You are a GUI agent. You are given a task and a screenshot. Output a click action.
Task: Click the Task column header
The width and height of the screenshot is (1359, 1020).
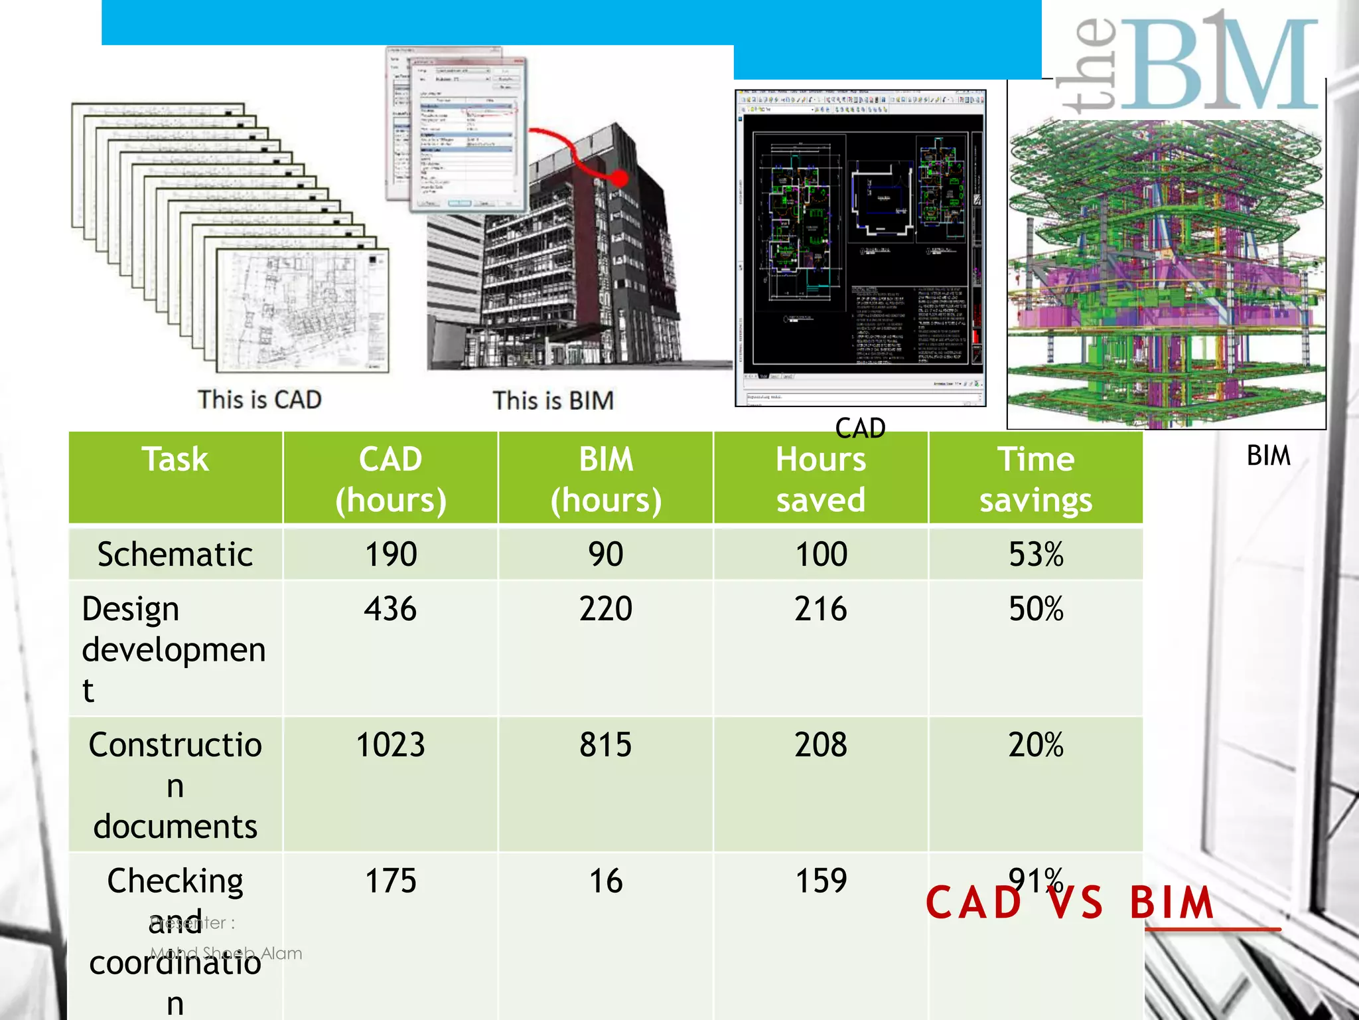pyautogui.click(x=175, y=460)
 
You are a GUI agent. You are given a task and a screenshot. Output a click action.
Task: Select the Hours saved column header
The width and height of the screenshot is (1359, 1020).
pyautogui.click(x=821, y=479)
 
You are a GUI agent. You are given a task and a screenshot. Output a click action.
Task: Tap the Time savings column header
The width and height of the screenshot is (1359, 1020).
pyautogui.click(x=1036, y=479)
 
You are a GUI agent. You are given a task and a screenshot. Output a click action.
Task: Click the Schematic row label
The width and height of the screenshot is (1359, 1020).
pyautogui.click(x=175, y=554)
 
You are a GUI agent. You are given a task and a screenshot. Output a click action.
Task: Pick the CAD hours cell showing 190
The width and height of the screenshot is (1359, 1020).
pyautogui.click(x=391, y=554)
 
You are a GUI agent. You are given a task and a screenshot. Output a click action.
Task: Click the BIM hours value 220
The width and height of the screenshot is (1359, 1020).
pyautogui.click(x=606, y=609)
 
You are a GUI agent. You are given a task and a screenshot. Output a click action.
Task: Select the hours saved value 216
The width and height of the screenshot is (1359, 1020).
pyautogui.click(x=821, y=609)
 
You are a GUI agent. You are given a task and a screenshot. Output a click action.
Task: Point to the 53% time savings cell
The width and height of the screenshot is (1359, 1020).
pyautogui.click(x=1036, y=554)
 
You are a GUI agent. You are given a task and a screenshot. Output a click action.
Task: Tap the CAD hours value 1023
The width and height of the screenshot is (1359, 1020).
pyautogui.click(x=391, y=744)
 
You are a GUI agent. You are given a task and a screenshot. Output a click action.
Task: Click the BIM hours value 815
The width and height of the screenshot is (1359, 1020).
pyautogui.click(x=606, y=744)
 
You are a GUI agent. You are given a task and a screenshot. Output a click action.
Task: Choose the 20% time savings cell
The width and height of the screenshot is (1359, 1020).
pyautogui.click(x=1036, y=744)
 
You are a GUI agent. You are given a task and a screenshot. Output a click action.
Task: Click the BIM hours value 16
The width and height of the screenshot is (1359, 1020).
pyautogui.click(x=606, y=881)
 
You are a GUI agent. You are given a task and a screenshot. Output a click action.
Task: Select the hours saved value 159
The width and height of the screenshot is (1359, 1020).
pyautogui.click(x=821, y=881)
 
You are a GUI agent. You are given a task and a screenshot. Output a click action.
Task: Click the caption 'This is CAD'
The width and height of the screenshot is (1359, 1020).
pyautogui.click(x=259, y=400)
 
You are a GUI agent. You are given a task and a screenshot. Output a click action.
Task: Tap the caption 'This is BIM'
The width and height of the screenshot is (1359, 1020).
pyautogui.click(x=553, y=400)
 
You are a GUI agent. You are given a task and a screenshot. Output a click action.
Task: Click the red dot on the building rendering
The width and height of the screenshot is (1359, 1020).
pyautogui.click(x=619, y=178)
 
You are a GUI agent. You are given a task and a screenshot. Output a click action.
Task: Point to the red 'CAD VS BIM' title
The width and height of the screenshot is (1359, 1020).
pyautogui.click(x=1070, y=903)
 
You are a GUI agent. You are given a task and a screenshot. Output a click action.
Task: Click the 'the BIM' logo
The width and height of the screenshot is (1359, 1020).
pyautogui.click(x=1188, y=63)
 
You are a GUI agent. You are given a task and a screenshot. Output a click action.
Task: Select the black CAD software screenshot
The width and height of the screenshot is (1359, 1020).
pyautogui.click(x=861, y=247)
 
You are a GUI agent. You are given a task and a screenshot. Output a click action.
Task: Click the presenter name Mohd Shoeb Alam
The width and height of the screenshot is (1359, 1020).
pyautogui.click(x=226, y=953)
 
